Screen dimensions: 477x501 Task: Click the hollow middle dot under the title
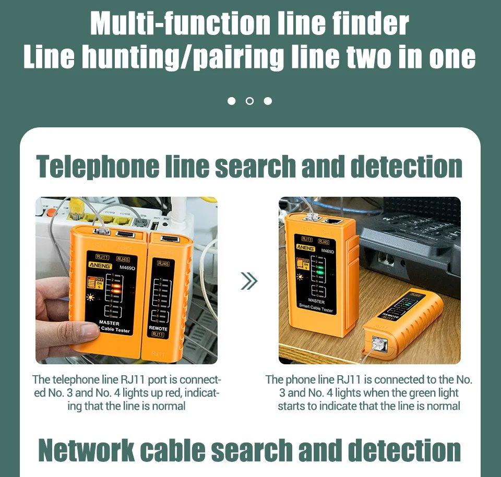[x=249, y=101]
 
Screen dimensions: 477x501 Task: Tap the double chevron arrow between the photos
[x=249, y=282]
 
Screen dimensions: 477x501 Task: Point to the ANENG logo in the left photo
[x=100, y=266]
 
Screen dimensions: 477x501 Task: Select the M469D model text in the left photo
[x=127, y=268]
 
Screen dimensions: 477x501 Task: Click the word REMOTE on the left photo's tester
[x=158, y=329]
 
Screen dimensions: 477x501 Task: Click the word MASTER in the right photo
[x=316, y=301]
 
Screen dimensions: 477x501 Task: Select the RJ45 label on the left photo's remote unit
[x=163, y=264]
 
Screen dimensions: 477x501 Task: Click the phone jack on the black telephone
[x=387, y=258]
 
